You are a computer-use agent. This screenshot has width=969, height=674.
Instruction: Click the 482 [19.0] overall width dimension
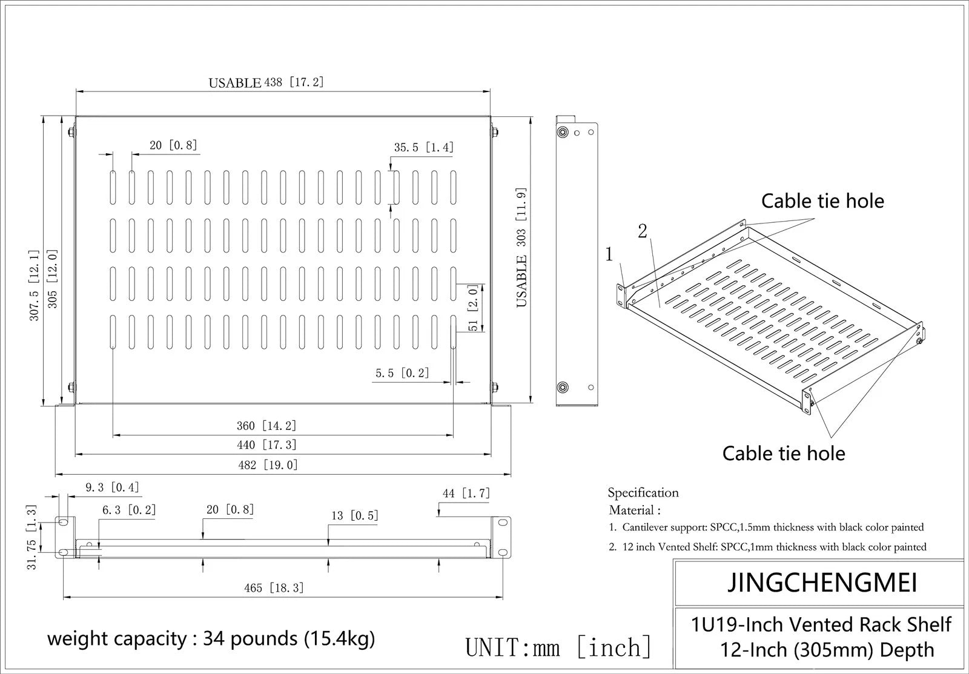click(268, 465)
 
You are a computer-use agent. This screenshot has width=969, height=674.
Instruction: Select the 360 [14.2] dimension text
click(266, 426)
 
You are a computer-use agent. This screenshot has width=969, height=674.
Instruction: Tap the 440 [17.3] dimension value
click(266, 445)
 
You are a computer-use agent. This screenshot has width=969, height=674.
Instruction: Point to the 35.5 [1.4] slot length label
click(424, 148)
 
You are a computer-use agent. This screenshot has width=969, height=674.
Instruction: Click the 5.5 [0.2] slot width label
click(402, 373)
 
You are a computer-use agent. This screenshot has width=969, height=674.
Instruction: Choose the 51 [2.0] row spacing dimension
click(473, 308)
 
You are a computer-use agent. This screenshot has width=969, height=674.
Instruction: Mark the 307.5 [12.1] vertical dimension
click(35, 285)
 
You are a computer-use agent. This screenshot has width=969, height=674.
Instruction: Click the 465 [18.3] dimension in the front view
click(274, 588)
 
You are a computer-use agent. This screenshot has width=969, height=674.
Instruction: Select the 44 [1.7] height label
click(466, 493)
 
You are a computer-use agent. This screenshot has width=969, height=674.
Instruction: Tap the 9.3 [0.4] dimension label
click(113, 487)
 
